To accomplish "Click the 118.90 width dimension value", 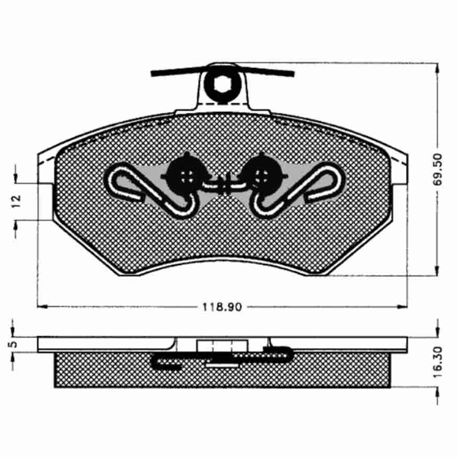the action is pyautogui.click(x=222, y=307).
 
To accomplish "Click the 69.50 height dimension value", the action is pyautogui.click(x=437, y=169).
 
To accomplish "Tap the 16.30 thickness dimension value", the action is pyautogui.click(x=437, y=361).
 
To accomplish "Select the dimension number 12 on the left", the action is pyautogui.click(x=16, y=201).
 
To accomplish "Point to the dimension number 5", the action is pyautogui.click(x=12, y=344).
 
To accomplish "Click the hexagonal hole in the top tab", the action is pyautogui.click(x=222, y=83).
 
